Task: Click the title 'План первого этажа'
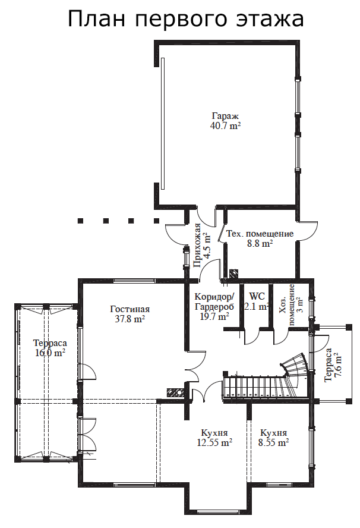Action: point(186,20)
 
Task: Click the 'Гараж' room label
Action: point(225,116)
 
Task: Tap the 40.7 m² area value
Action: point(225,126)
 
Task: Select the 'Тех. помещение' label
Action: point(260,234)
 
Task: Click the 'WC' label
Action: point(257,297)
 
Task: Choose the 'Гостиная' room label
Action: point(130,309)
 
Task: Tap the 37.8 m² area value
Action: point(130,319)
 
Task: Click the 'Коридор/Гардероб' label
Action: point(214,301)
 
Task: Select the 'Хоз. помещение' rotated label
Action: point(288,305)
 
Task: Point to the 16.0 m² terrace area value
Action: point(50,353)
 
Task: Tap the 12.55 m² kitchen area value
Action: point(214,442)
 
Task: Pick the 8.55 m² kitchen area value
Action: point(273,442)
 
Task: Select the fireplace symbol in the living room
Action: point(175,392)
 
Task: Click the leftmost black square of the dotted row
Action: point(80,221)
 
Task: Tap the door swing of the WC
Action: point(252,336)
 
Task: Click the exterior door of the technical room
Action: point(308,231)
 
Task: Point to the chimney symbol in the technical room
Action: point(233,273)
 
